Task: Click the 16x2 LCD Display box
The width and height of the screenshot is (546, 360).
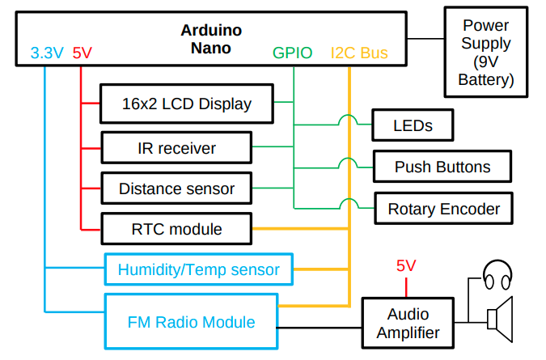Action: [187, 104]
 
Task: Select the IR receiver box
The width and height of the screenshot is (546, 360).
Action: [176, 148]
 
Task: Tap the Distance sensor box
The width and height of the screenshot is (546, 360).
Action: [176, 188]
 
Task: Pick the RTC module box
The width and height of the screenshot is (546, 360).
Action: [176, 229]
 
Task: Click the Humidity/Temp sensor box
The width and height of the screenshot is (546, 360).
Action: [198, 269]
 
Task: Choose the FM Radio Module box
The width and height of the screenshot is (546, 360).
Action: [191, 322]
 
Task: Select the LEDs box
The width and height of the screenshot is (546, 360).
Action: [412, 125]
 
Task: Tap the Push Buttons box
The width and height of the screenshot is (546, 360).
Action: [442, 167]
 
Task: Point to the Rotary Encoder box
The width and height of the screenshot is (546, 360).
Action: [443, 209]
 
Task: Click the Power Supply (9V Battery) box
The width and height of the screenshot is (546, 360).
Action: [485, 50]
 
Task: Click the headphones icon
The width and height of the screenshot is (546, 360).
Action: [496, 276]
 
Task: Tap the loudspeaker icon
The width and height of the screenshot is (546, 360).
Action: [499, 316]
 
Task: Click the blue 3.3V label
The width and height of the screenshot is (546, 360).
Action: [47, 53]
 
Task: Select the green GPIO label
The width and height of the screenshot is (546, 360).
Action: [293, 53]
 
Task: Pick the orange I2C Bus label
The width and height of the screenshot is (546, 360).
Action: [359, 53]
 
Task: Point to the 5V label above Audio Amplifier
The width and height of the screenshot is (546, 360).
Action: [405, 265]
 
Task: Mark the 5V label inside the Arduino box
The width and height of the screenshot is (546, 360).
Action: [82, 53]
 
